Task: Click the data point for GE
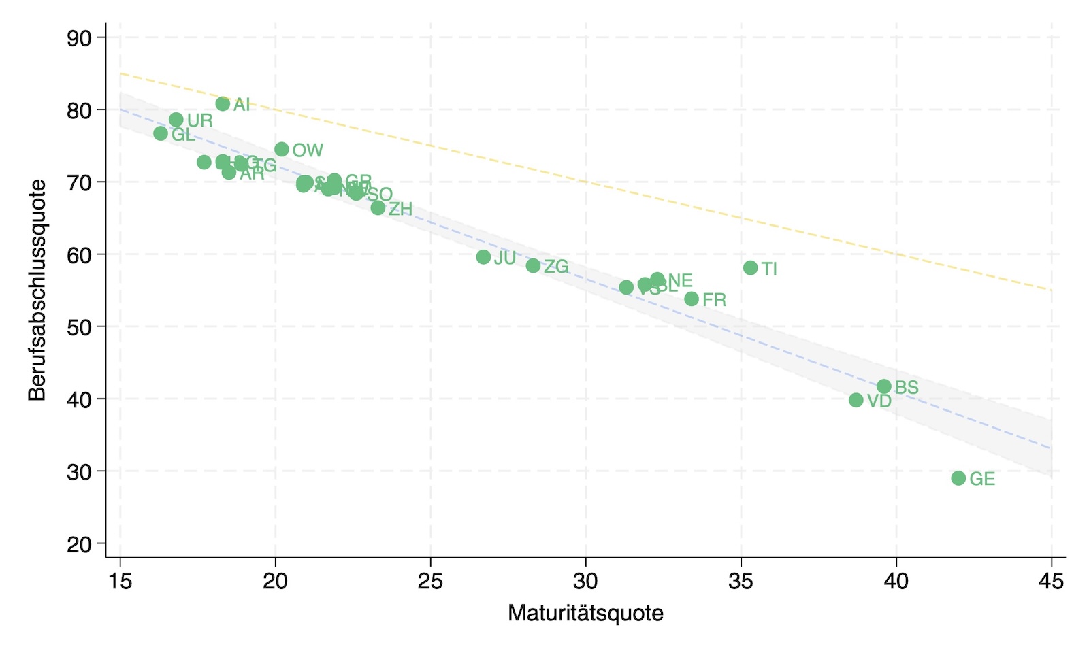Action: pyautogui.click(x=958, y=478)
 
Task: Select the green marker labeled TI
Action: pyautogui.click(x=750, y=268)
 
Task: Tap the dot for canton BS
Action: pyautogui.click(x=884, y=386)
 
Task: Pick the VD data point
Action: pyautogui.click(x=856, y=400)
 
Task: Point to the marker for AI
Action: pyautogui.click(x=223, y=103)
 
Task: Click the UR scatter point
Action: pyautogui.click(x=176, y=120)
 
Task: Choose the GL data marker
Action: pyautogui.click(x=161, y=133)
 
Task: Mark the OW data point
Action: pyautogui.click(x=282, y=149)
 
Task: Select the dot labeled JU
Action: pyautogui.click(x=483, y=257)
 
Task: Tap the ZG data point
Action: pyautogui.click(x=533, y=266)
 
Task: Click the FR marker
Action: pyautogui.click(x=692, y=299)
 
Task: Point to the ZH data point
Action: pyautogui.click(x=378, y=208)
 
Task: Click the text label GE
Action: pyautogui.click(x=982, y=479)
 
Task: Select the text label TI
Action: pyautogui.click(x=769, y=269)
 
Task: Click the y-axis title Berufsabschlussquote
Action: pyautogui.click(x=37, y=290)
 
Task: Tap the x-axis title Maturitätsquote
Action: pyautogui.click(x=585, y=613)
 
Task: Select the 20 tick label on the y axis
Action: pyautogui.click(x=79, y=544)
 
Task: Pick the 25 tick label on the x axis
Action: pyautogui.click(x=430, y=581)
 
